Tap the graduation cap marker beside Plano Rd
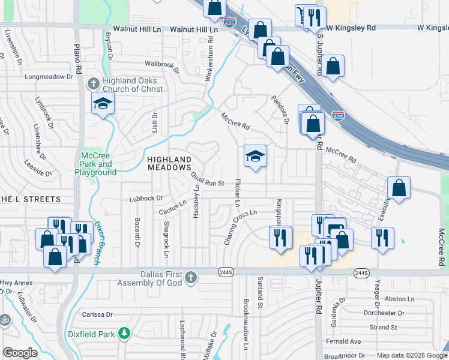[x=103, y=104]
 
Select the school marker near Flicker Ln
[x=255, y=157]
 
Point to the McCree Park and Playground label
[x=95, y=164]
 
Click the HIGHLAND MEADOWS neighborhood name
[x=169, y=163]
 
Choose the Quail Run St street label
[x=208, y=179]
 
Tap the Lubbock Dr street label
[x=146, y=198]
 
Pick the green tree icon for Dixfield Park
[x=124, y=332]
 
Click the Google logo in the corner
[x=20, y=353]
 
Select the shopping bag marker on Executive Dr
[x=399, y=188]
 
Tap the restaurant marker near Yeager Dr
[x=382, y=239]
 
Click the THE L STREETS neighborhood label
[x=31, y=199]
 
